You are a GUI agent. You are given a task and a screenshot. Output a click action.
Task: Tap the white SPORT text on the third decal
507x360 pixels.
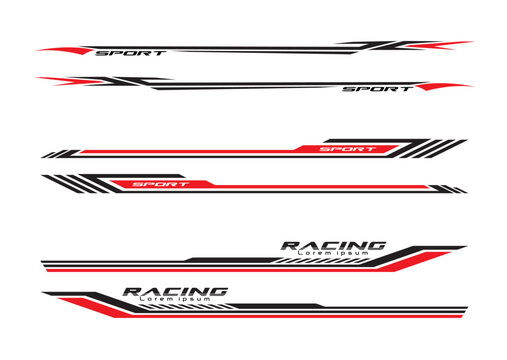347,149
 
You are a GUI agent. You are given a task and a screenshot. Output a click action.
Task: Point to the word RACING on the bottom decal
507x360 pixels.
175,291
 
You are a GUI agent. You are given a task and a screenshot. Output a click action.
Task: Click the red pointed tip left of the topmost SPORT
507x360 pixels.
60,49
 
